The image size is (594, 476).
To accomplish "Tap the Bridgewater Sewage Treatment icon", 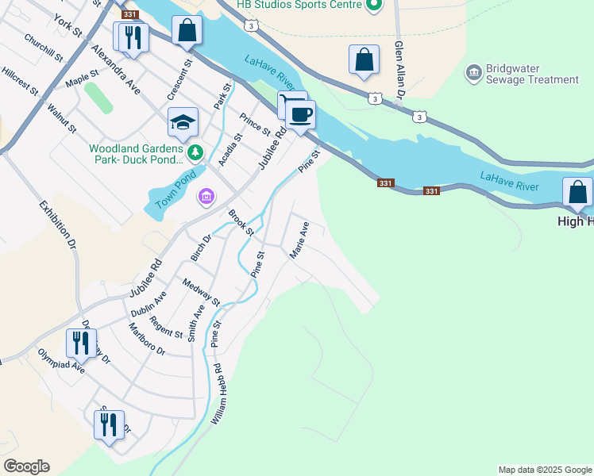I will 473,74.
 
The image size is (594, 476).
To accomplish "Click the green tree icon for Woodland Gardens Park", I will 195,152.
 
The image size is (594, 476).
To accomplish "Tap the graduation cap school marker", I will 182,122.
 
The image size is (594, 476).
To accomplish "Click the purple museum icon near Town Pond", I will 206,196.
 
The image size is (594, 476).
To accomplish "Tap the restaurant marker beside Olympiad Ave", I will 81,343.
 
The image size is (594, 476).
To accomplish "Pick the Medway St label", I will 201,292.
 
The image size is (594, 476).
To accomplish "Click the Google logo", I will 26,466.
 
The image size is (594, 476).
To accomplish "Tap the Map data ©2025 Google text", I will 545,470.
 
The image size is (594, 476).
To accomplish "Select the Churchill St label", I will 43,48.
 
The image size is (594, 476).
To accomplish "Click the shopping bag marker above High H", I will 577,193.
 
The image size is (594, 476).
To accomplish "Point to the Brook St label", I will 241,223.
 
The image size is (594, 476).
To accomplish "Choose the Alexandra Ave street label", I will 116,69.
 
